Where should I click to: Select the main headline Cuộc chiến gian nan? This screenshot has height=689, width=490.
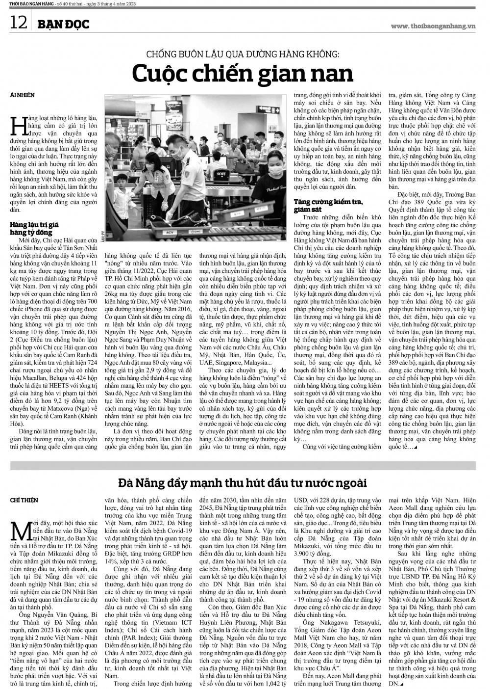coord(243,74)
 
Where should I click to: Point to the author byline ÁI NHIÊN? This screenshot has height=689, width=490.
coord(23,94)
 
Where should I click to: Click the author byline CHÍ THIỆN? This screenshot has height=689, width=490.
coord(24,500)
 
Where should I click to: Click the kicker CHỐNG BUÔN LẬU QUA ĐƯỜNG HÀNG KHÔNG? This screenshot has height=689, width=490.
coord(243,53)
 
